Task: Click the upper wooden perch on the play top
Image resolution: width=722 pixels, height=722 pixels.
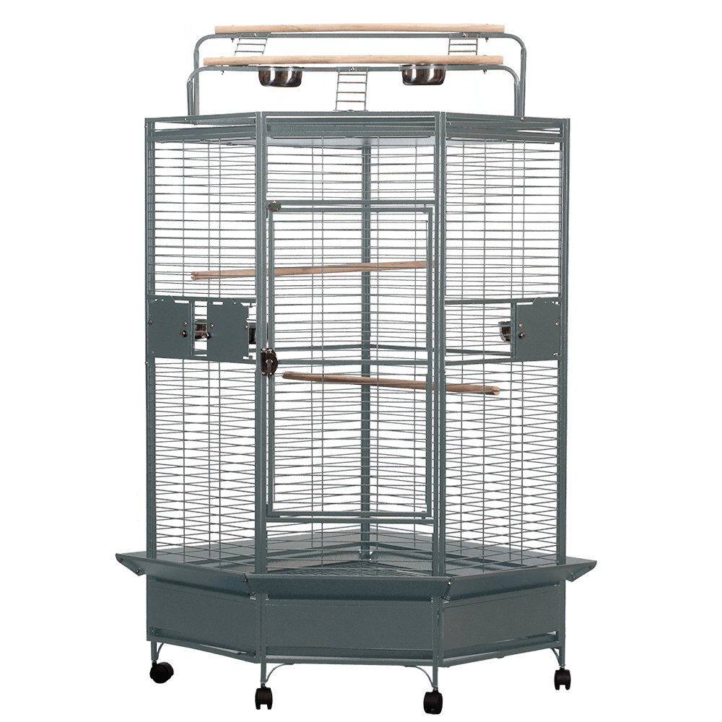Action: click(x=360, y=28)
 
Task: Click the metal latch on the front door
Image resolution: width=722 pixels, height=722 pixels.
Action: click(x=268, y=358)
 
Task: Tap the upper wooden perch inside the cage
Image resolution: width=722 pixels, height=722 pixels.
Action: click(x=310, y=269)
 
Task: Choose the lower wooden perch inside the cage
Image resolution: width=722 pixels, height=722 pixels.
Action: click(x=390, y=383)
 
